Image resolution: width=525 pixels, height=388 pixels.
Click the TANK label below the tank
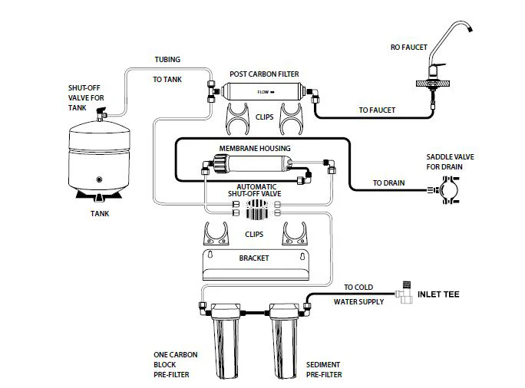(97, 214)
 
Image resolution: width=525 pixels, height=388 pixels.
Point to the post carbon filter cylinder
(264, 94)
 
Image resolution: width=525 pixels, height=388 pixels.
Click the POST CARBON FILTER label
(264, 74)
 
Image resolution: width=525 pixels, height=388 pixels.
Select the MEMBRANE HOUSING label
(255, 147)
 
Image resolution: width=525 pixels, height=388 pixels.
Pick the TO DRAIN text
(388, 183)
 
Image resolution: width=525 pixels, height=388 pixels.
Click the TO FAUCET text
(377, 110)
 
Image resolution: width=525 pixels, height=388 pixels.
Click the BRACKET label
(254, 258)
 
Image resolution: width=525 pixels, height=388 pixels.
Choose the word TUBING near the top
(168, 60)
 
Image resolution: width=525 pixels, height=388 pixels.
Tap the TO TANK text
(168, 79)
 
